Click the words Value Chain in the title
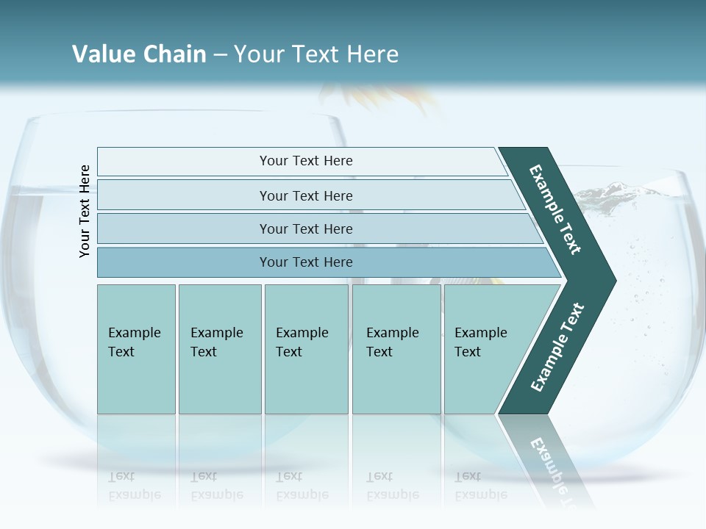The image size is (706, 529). (x=139, y=54)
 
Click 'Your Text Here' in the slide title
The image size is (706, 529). (x=316, y=54)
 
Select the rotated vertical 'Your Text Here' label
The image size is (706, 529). (x=85, y=212)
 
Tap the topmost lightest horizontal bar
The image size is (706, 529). (x=305, y=161)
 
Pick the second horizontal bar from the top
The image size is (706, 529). (x=305, y=195)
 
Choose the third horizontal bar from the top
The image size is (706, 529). (x=305, y=228)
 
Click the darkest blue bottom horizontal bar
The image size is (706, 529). (x=305, y=262)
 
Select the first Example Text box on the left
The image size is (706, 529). (x=136, y=349)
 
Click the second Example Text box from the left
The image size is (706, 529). (x=219, y=349)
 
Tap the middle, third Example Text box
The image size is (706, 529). (x=306, y=349)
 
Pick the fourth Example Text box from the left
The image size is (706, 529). (x=396, y=349)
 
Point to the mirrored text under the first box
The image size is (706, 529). (x=135, y=486)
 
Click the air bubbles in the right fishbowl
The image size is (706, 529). (x=647, y=309)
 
